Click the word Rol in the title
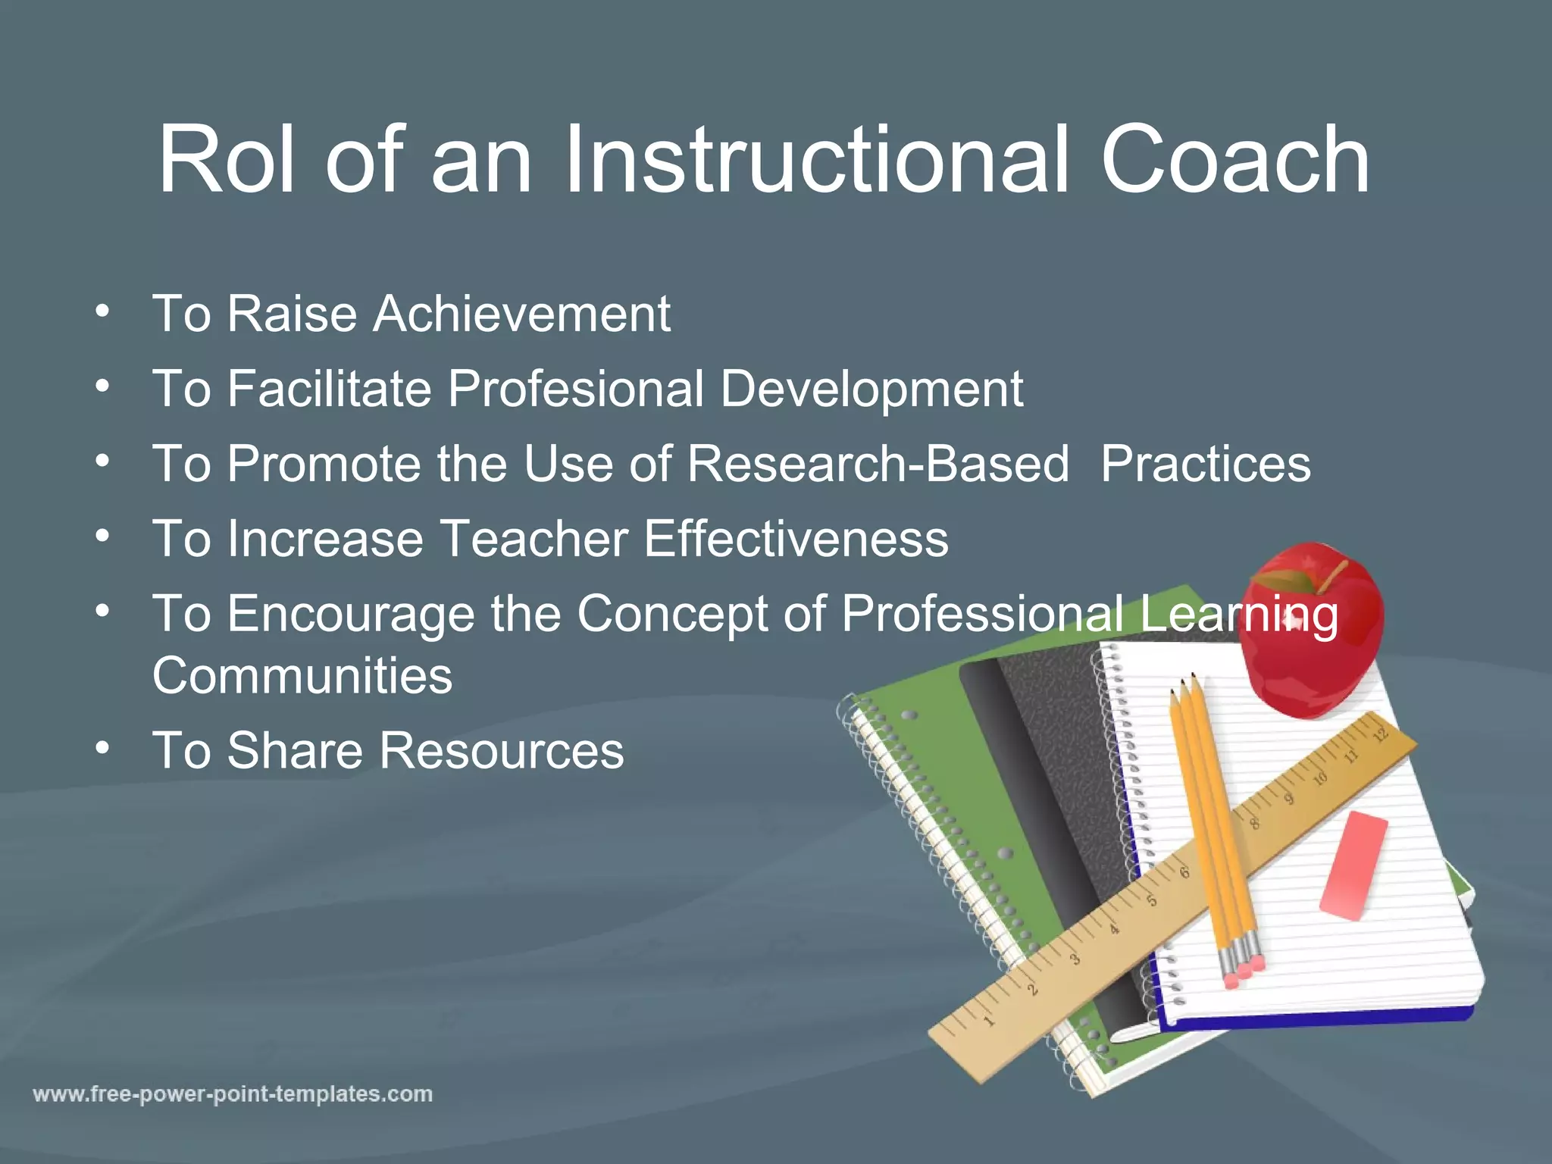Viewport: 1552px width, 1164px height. tap(225, 161)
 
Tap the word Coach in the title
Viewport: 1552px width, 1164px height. tap(1235, 161)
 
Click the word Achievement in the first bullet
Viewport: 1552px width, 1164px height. tap(521, 314)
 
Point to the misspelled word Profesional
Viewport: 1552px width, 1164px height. tap(576, 389)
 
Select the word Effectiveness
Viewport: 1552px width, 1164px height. tap(796, 539)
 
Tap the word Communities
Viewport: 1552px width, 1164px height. tap(302, 675)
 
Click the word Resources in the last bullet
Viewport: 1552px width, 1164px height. tap(501, 750)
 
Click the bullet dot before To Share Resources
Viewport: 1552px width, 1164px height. tap(103, 749)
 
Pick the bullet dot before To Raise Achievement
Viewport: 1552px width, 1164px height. tap(103, 311)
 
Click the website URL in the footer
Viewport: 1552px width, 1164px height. tap(233, 1094)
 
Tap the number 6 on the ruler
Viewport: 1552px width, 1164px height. tap(1184, 872)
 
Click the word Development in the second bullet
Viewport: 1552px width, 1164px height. tap(871, 389)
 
